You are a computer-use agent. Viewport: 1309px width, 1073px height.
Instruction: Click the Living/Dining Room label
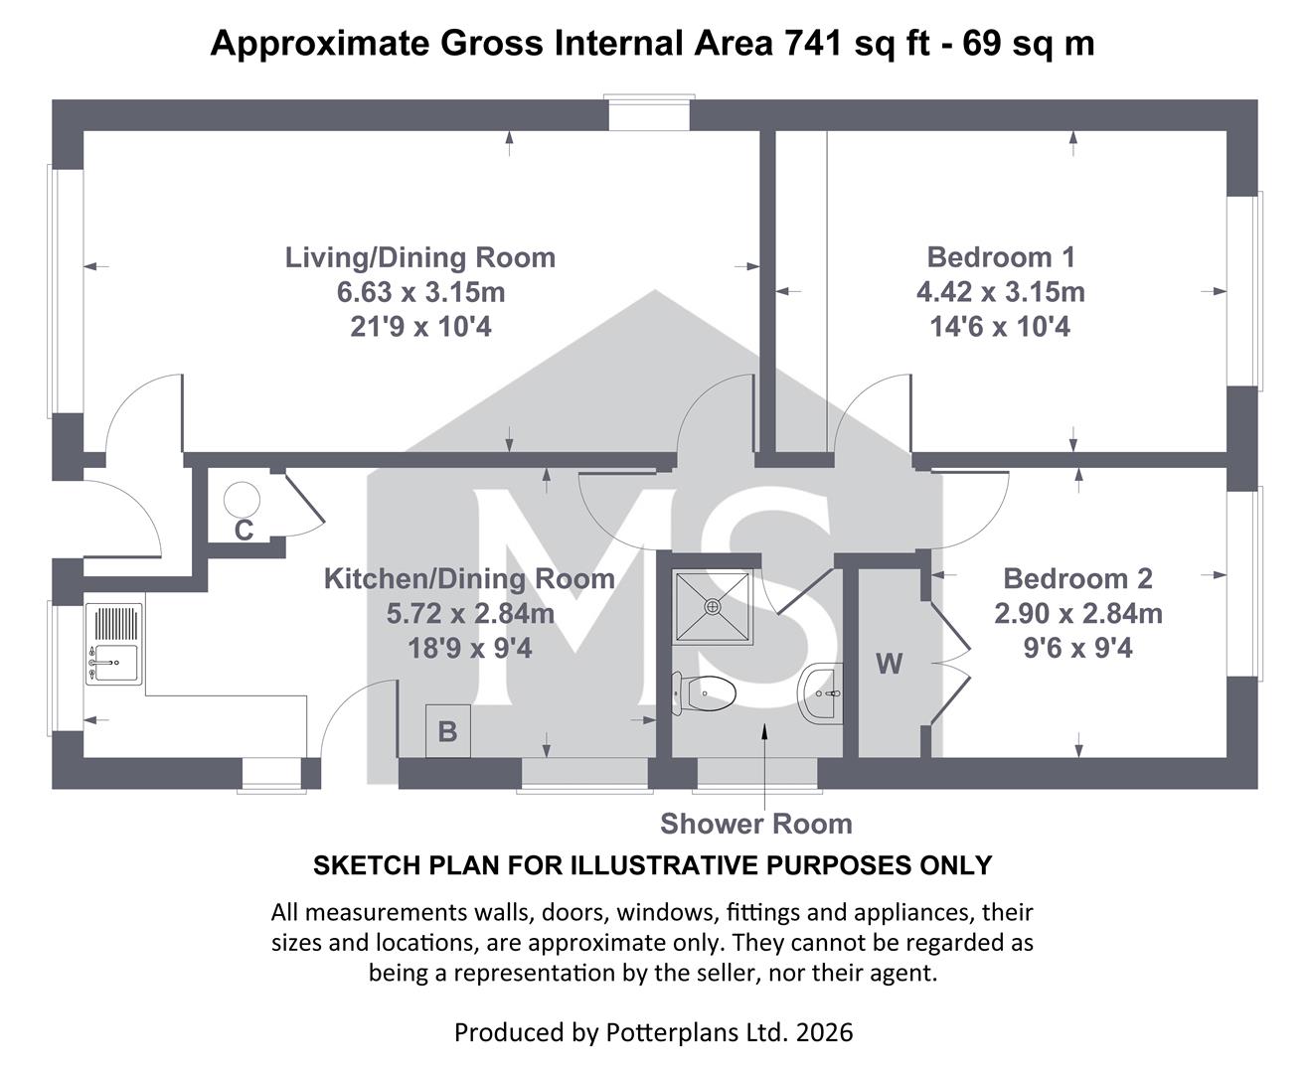coord(420,257)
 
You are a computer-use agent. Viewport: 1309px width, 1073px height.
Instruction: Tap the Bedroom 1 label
coord(1001,257)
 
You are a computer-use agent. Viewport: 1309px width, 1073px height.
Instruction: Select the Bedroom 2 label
coord(1077,578)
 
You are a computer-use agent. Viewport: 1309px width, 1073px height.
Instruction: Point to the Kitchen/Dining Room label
coord(469,578)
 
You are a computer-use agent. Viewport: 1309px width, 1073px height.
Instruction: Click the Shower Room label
coord(756,824)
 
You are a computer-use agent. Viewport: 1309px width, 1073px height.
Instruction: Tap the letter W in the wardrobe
coord(889,664)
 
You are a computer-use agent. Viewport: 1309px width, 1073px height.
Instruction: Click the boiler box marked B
coord(447,731)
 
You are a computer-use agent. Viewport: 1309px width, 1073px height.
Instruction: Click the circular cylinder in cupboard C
coord(242,499)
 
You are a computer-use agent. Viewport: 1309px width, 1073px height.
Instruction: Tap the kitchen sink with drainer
coord(114,644)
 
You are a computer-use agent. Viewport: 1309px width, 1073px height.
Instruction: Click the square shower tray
coord(713,607)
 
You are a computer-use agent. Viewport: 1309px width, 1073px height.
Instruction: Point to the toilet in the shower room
coord(704,693)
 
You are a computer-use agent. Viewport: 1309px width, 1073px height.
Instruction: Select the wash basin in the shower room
coord(821,693)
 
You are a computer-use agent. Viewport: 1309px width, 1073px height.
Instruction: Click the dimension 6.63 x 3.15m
coord(420,292)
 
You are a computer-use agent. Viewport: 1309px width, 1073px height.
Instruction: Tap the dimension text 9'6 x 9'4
coord(1078,648)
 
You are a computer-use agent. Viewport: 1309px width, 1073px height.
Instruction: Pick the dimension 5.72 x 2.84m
coord(470,613)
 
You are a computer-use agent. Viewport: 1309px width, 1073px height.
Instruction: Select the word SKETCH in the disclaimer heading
coord(356,865)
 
